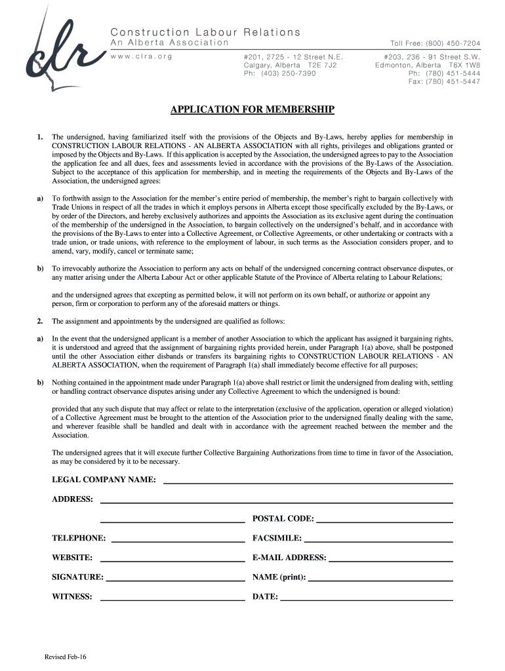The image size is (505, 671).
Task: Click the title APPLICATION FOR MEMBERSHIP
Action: pos(253,109)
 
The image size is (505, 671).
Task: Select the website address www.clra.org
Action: pos(141,56)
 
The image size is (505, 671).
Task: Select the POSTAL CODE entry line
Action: pos(384,521)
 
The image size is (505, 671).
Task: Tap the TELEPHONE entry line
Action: pos(178,541)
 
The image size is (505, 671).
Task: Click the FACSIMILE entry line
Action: pos(378,541)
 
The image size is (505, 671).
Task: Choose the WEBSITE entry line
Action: pos(172,560)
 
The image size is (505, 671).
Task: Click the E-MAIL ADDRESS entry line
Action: pos(391,560)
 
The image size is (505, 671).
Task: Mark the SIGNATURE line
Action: pos(175,580)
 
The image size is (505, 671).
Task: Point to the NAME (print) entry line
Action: pos(381,580)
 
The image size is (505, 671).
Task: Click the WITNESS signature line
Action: pos(172,600)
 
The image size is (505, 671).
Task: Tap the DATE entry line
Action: pos(367,600)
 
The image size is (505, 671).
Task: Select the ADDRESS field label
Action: pos(72,499)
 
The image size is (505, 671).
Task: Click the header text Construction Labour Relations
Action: pos(205,32)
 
